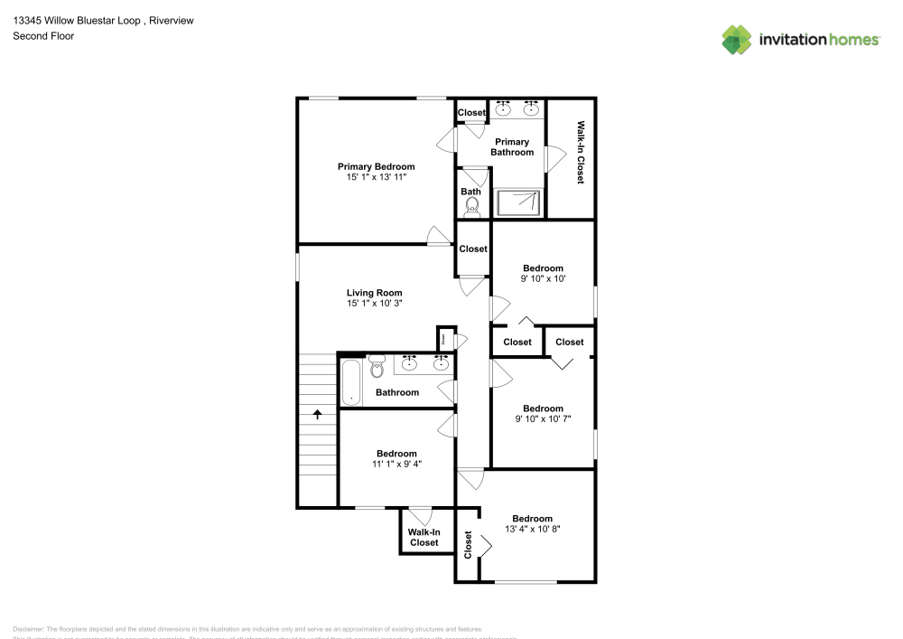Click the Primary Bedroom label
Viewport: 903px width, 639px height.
point(376,166)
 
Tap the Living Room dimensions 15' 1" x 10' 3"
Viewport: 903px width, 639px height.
point(374,304)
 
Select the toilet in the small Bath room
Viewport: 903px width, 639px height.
point(471,208)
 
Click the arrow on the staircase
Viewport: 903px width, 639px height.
point(317,414)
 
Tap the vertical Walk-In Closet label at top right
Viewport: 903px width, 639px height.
point(581,153)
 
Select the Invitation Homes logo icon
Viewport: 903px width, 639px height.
point(737,39)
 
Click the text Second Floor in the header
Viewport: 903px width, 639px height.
point(43,36)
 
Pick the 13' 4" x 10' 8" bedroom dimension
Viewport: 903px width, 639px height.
point(532,530)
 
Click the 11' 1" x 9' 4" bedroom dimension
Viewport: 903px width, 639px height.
point(396,464)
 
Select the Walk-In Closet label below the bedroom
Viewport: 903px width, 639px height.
point(424,538)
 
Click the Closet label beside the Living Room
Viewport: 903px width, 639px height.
point(473,249)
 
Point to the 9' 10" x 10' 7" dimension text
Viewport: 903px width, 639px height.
point(543,418)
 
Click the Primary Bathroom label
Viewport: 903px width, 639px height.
point(512,146)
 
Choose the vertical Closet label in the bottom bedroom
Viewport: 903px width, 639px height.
point(468,544)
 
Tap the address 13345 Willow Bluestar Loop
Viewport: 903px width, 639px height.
point(77,20)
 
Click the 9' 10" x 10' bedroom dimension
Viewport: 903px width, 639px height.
point(543,279)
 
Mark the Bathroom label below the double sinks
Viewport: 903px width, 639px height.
point(397,392)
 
